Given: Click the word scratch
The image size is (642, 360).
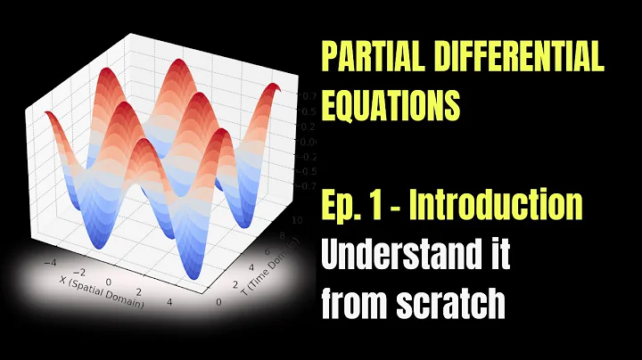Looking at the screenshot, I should tap(459, 306).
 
